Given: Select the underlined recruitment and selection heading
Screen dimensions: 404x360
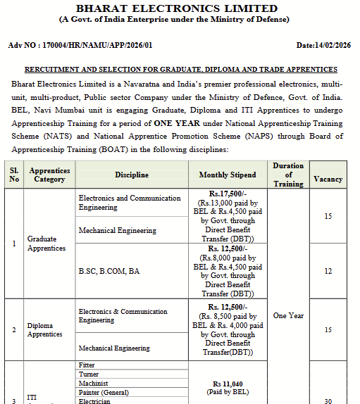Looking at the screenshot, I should [181, 70].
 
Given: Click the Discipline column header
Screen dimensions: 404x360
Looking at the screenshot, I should [132, 175].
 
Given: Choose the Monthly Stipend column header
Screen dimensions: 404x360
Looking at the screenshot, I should [228, 175].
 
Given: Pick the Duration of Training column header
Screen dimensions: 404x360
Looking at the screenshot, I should [288, 175].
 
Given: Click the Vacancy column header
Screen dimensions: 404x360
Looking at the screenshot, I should [328, 179].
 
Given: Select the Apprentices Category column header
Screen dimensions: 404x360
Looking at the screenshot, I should [49, 175].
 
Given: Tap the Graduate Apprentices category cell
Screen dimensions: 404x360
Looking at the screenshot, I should [46, 244].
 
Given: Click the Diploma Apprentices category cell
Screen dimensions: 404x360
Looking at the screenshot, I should [44, 329].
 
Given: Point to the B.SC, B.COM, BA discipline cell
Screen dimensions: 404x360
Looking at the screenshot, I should [109, 271].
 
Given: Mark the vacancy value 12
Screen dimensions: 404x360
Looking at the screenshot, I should [328, 271].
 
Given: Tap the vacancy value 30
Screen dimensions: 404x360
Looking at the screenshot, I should [328, 400].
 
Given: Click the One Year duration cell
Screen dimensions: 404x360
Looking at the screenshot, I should [288, 315].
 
